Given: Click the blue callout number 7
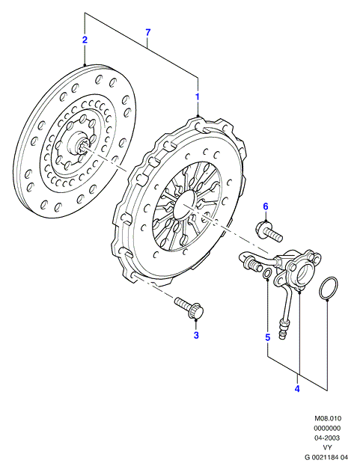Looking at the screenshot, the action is pyautogui.click(x=147, y=32).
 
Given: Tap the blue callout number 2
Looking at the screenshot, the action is pyautogui.click(x=85, y=40).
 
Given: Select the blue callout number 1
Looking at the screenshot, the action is pyautogui.click(x=198, y=97).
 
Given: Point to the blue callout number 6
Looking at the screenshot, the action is pyautogui.click(x=266, y=206).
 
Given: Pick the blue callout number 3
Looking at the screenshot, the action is pyautogui.click(x=196, y=335).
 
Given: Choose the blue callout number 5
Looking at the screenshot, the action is pyautogui.click(x=268, y=337).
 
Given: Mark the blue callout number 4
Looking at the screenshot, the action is pyautogui.click(x=297, y=389).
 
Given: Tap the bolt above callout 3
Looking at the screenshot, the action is pyautogui.click(x=189, y=307).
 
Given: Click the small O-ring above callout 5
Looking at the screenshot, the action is pyautogui.click(x=267, y=274).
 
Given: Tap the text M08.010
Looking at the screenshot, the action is pyautogui.click(x=328, y=418).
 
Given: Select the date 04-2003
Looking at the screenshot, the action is pyautogui.click(x=328, y=438).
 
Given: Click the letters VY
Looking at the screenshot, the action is pyautogui.click(x=328, y=447).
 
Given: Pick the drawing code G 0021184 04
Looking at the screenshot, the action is pyautogui.click(x=326, y=457).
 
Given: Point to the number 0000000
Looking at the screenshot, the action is pyautogui.click(x=328, y=428).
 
